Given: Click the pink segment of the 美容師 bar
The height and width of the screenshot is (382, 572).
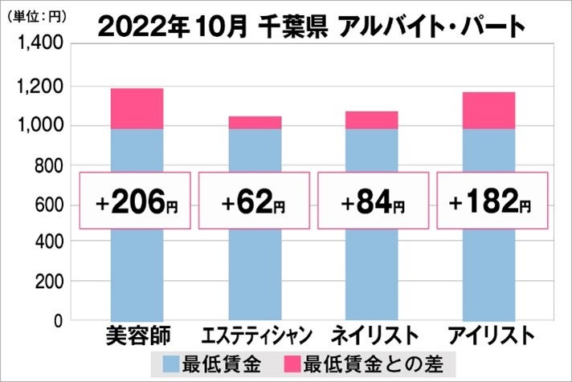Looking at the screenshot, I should click(x=137, y=108).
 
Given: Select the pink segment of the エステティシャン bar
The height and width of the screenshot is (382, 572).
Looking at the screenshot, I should click(x=255, y=123).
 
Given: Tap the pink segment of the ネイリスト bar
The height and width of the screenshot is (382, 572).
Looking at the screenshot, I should click(x=372, y=120).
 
